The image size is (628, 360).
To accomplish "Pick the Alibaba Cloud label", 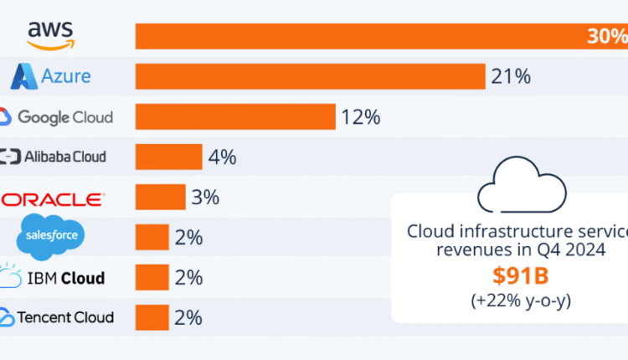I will click(x=54, y=157).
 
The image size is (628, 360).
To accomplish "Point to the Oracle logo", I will click(x=52, y=198).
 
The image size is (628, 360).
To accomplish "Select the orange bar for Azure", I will click(x=311, y=77).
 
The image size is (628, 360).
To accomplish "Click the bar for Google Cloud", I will click(x=235, y=117).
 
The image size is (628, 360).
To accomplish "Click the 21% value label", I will click(x=512, y=77).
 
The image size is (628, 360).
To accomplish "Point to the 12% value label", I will click(x=360, y=117).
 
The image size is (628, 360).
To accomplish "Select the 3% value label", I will click(x=205, y=198).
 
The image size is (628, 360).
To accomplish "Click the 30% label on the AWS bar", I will click(x=608, y=36).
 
